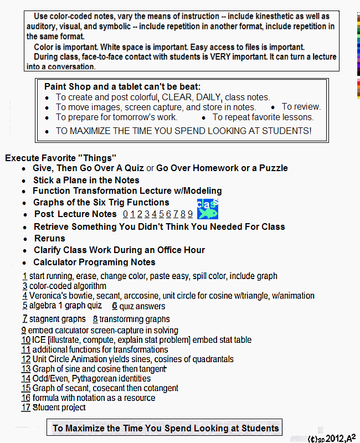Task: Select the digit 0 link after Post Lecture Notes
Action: (x=126, y=214)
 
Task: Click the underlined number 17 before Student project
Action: (x=26, y=408)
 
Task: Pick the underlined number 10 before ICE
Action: (x=26, y=340)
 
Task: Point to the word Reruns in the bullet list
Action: (x=49, y=238)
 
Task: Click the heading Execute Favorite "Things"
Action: (x=60, y=158)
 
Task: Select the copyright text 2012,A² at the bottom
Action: (x=340, y=438)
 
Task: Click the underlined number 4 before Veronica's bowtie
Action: (x=25, y=296)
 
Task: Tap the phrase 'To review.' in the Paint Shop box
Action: (x=301, y=106)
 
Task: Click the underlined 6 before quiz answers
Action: (x=114, y=306)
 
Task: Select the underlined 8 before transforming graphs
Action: (x=95, y=319)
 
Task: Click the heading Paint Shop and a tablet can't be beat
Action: (x=122, y=87)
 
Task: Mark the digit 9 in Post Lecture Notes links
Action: (x=190, y=214)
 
